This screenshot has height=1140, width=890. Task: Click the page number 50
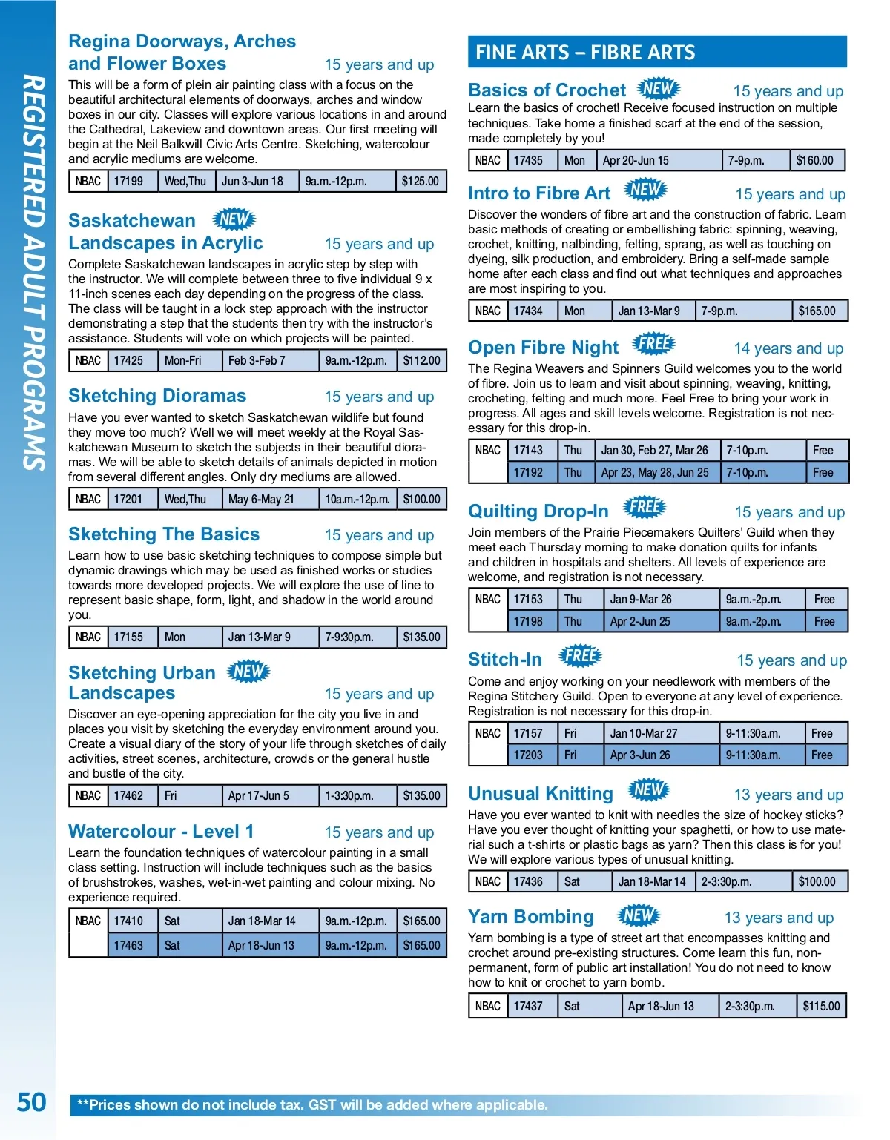tap(31, 1102)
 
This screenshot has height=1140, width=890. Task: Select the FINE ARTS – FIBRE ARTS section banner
tap(657, 52)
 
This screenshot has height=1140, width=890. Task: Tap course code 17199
tap(128, 181)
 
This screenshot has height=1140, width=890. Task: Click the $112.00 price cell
tap(422, 360)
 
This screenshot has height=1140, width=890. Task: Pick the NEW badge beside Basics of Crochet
tap(659, 89)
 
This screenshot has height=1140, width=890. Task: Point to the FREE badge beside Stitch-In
tap(581, 656)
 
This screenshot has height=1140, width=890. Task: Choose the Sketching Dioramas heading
tap(157, 396)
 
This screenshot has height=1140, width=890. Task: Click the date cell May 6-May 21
tap(261, 499)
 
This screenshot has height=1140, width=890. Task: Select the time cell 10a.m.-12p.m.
tap(357, 499)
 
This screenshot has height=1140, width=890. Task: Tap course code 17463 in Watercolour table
tap(128, 945)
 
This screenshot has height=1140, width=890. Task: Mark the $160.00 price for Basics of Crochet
tap(814, 160)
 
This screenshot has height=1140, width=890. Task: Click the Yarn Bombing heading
tap(531, 917)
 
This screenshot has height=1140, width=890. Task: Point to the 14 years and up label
tap(788, 348)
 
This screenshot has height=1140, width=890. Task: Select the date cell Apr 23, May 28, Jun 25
tap(655, 472)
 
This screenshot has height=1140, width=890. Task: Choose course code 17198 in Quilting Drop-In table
tap(528, 621)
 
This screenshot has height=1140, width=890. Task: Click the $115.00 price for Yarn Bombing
tap(821, 1006)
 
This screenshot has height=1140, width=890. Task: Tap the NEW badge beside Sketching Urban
tap(248, 672)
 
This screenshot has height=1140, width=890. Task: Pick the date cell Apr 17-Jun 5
tap(259, 795)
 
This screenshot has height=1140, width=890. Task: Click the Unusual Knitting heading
tap(541, 794)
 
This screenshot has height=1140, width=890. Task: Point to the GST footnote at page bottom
tap(312, 1104)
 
